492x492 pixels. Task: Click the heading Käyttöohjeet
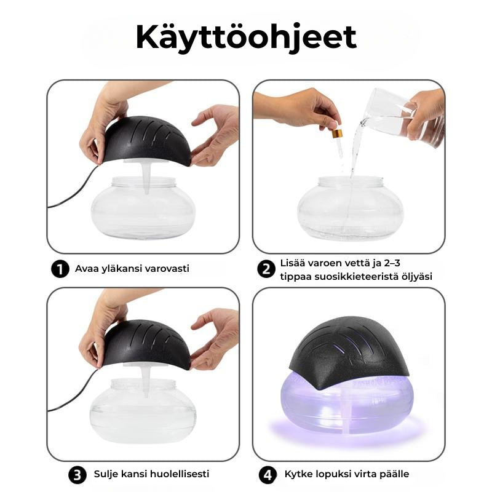pos(247,38)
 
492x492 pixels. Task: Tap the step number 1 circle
pos(60,269)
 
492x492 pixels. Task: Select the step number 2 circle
pos(266,269)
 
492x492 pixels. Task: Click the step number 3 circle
pos(77,475)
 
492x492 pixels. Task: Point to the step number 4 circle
pos(268,475)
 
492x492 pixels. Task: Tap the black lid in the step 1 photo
pos(146,141)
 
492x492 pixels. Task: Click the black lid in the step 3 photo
pos(146,344)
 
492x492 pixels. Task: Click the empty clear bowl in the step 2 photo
pos(350,208)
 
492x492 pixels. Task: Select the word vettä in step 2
pos(356,263)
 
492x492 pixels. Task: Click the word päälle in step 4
pos(394,474)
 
